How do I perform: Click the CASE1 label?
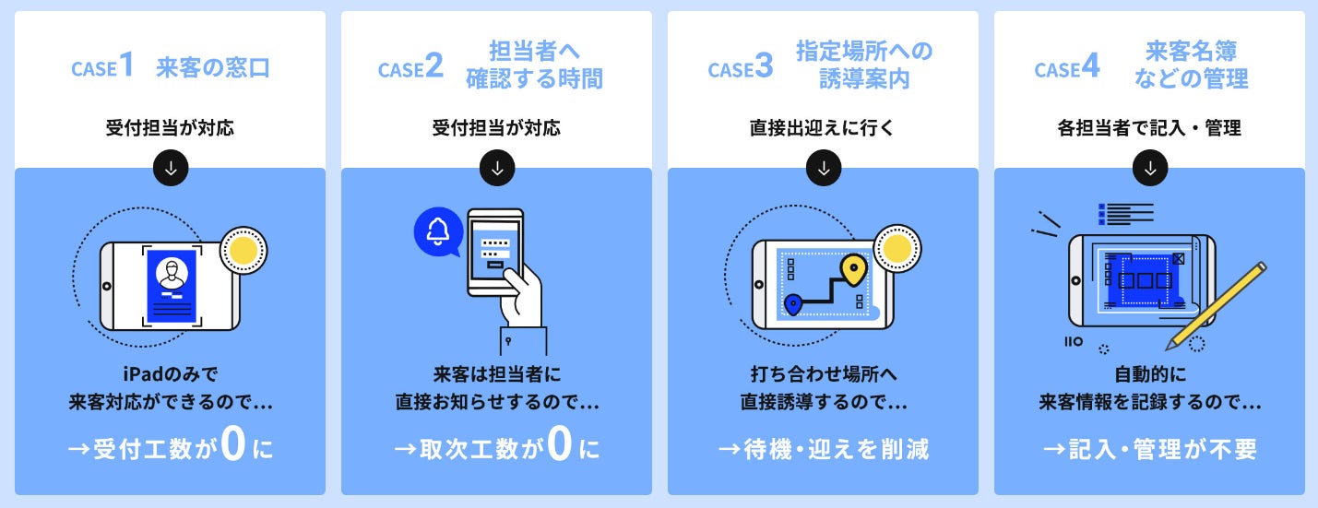pyautogui.click(x=103, y=68)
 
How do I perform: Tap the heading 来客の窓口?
pyautogui.click(x=213, y=68)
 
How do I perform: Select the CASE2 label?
pyautogui.click(x=410, y=68)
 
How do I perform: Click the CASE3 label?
pyautogui.click(x=740, y=68)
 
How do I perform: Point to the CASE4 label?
pyautogui.click(x=1067, y=68)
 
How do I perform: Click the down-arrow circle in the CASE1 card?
pyautogui.click(x=171, y=168)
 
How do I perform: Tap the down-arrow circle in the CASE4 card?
pyautogui.click(x=1149, y=168)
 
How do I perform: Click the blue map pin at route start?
pyautogui.click(x=792, y=302)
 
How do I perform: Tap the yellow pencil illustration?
pyautogui.click(x=1217, y=304)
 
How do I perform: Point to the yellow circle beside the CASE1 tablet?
pyautogui.click(x=243, y=250)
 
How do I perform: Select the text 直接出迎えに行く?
pyautogui.click(x=822, y=128)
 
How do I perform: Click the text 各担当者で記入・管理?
pyautogui.click(x=1148, y=128)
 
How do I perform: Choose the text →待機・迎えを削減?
pyautogui.click(x=823, y=449)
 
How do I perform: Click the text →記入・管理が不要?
pyautogui.click(x=1149, y=449)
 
